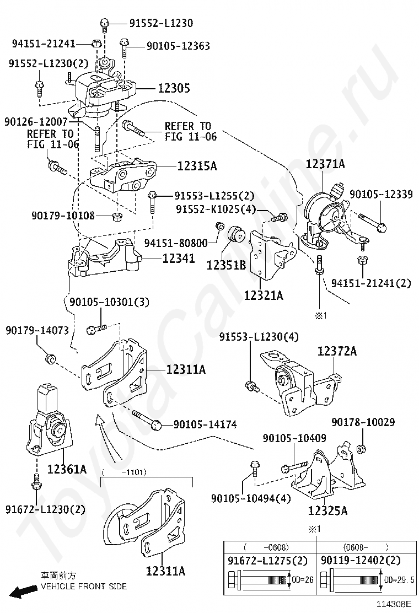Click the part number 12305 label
tap(174, 88)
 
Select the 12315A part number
tap(197, 165)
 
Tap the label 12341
tap(178, 257)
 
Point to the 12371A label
tap(325, 164)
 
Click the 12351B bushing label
tap(226, 265)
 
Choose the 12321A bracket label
tap(264, 295)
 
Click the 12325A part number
tap(327, 510)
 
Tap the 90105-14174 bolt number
tap(205, 424)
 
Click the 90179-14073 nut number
tap(37, 331)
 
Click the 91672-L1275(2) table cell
tap(268, 561)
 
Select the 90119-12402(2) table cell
tap(361, 561)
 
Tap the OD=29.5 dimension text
tap(399, 579)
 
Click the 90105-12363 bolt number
tap(178, 47)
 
